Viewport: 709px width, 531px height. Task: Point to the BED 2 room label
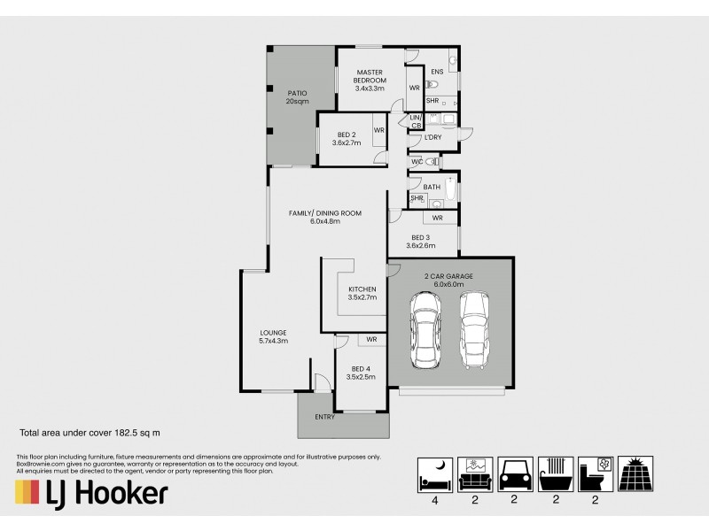tap(344, 139)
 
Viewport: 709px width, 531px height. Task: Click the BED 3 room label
tap(421, 242)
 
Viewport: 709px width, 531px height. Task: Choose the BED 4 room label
tap(362, 373)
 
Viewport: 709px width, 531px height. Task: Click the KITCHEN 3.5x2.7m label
tap(362, 294)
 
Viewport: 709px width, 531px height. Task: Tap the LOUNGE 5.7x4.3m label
tap(273, 336)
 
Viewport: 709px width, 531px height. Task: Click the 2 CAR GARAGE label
tap(448, 281)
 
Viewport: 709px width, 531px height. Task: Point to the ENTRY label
tap(324, 417)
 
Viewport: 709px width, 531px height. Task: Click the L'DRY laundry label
tap(432, 137)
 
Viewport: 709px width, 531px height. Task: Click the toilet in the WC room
tap(431, 163)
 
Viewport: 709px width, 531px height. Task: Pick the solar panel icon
tap(635, 475)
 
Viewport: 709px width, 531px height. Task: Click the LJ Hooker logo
tap(91, 492)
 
